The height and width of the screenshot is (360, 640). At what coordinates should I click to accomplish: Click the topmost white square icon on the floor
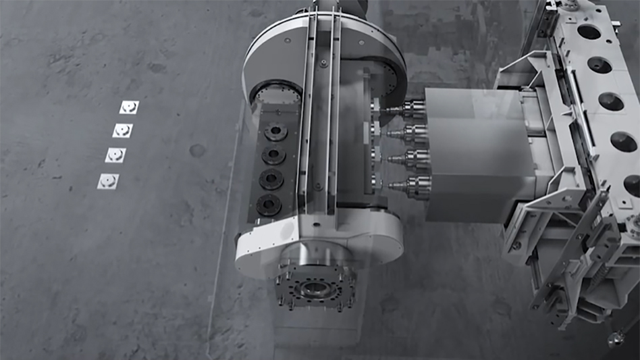[129, 107]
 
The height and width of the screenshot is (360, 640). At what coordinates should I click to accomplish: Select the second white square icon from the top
[122, 130]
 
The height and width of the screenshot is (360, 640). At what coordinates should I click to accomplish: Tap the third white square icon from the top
[115, 155]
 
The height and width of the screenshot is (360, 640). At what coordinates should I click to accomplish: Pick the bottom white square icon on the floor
[108, 181]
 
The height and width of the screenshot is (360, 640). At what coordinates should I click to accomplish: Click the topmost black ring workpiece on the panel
[275, 132]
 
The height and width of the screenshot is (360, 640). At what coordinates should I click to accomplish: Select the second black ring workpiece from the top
[273, 155]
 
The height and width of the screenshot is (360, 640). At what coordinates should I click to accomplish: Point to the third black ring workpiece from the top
[271, 179]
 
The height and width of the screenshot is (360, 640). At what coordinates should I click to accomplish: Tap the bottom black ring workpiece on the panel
[269, 203]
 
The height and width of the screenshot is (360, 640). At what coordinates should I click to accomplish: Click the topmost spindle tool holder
[410, 108]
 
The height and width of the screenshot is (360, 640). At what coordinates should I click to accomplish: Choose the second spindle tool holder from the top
[412, 133]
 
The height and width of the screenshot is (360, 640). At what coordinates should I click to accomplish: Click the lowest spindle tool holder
[417, 184]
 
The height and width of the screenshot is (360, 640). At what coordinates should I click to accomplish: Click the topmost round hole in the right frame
[589, 32]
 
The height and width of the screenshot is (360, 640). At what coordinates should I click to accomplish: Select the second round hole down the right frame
[599, 65]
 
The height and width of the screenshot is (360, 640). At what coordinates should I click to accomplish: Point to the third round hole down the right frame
[611, 101]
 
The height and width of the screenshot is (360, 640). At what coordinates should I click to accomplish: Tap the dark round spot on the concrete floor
[197, 150]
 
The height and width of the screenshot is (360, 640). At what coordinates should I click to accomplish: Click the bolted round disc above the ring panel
[277, 94]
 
